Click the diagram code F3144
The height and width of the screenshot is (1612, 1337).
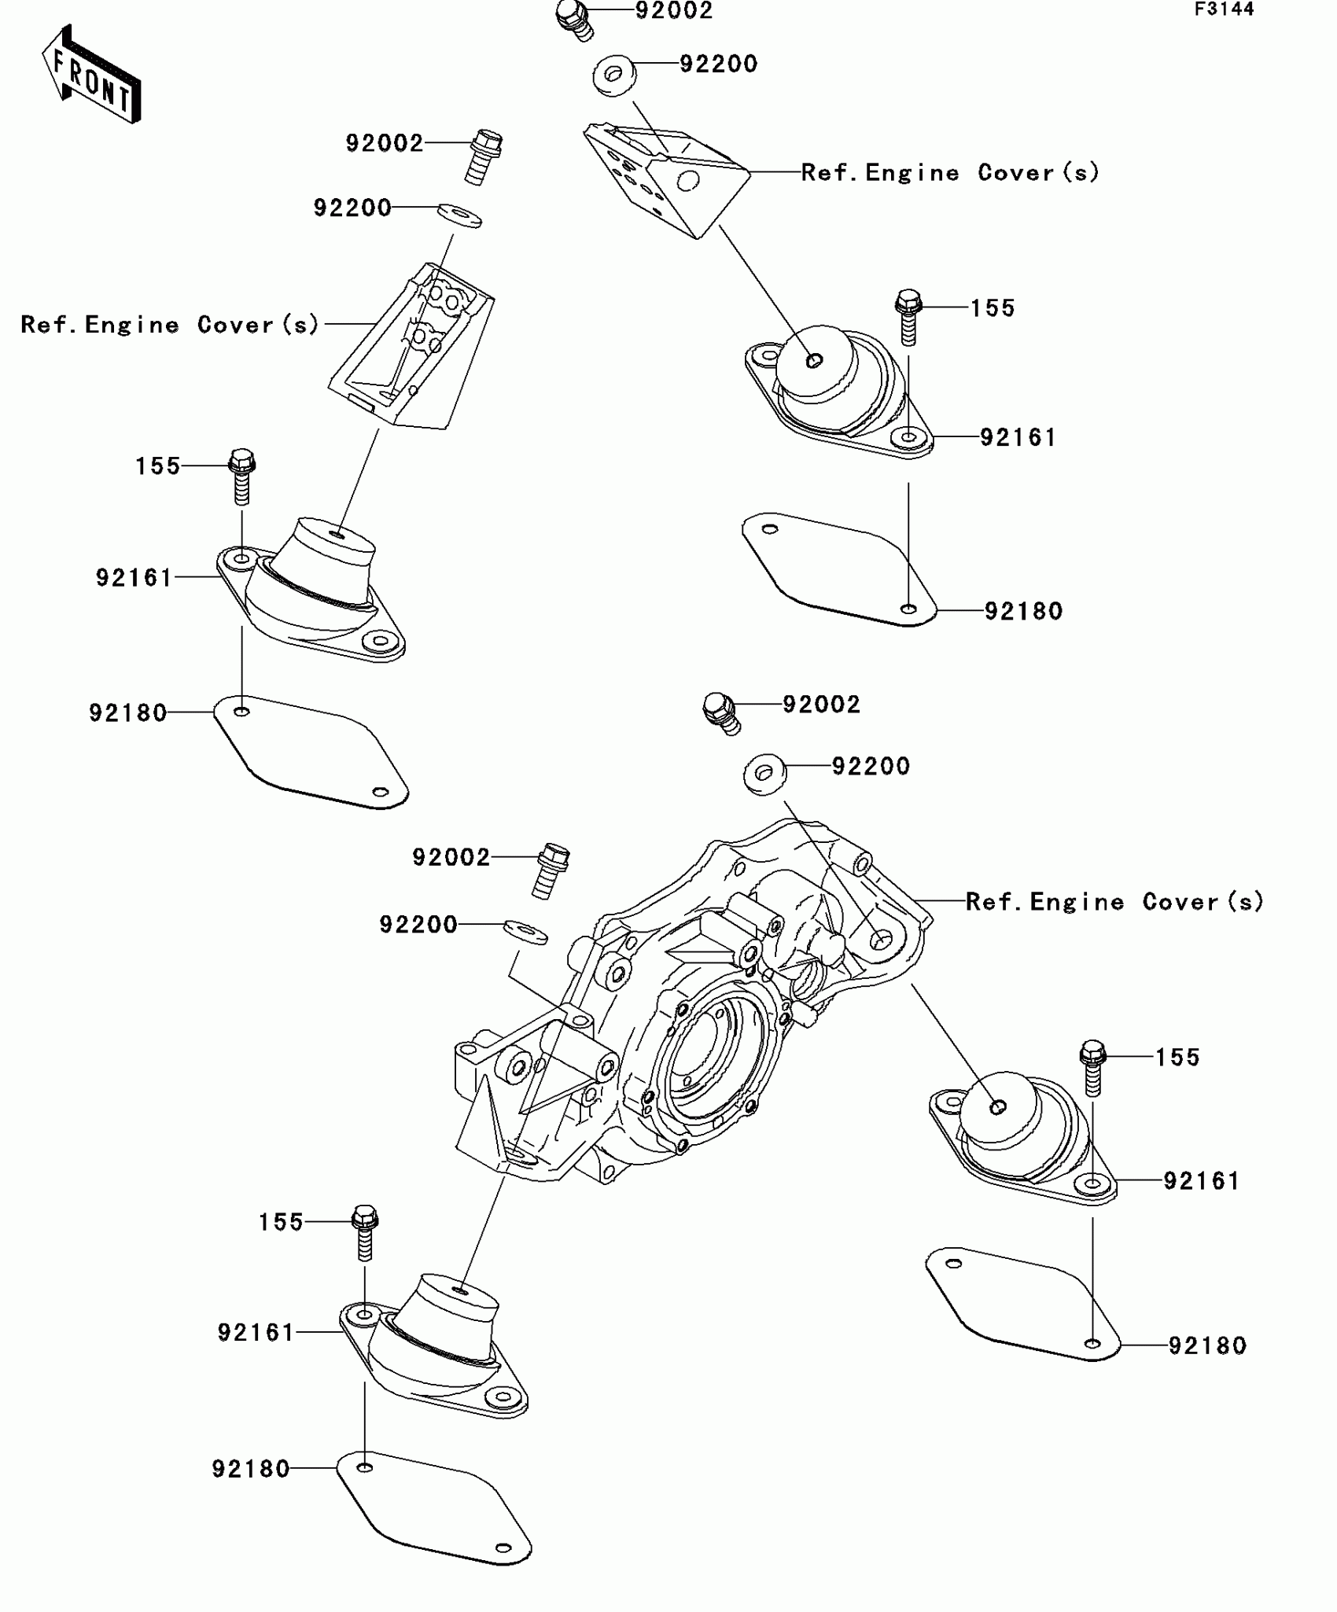[1225, 9]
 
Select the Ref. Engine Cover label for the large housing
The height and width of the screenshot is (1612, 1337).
[1114, 901]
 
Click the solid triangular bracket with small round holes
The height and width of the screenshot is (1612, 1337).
[667, 177]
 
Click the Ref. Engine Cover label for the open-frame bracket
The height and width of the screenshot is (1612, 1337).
[170, 324]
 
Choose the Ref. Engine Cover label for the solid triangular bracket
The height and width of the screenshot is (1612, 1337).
[950, 172]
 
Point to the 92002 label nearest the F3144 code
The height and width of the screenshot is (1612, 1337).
[674, 11]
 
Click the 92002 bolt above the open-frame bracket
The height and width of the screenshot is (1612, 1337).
[484, 155]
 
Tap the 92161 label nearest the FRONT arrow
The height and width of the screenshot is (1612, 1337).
[134, 578]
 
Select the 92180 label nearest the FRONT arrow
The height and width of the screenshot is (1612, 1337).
[127, 712]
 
